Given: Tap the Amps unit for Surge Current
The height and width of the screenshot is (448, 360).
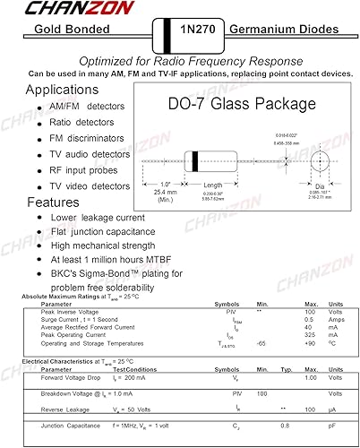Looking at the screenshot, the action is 337,319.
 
